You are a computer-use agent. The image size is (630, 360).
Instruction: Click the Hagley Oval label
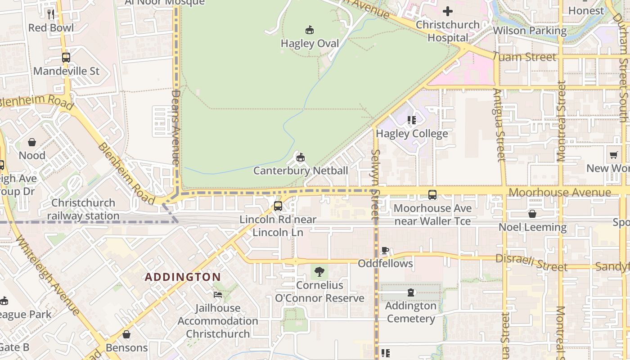310,43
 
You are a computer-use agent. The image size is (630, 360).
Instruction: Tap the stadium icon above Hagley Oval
310,30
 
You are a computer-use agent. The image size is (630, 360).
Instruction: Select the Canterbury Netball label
301,171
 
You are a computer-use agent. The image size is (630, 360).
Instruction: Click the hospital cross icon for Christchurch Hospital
448,11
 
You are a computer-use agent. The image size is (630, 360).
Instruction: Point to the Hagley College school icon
411,120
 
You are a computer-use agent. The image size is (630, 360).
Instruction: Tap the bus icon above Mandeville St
66,58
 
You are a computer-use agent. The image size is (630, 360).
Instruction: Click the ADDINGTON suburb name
183,277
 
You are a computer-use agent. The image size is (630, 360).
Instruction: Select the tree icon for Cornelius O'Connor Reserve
319,272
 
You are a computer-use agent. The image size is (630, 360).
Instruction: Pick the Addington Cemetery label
411,312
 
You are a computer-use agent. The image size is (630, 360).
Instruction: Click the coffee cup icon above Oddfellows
385,250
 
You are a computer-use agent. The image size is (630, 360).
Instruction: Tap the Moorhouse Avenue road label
560,193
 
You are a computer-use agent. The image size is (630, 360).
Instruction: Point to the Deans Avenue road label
175,127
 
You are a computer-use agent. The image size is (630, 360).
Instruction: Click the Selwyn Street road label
375,184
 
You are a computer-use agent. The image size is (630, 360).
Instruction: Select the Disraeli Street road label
531,262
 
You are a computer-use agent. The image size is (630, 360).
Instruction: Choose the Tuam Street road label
524,57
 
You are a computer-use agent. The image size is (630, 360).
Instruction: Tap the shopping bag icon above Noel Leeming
532,214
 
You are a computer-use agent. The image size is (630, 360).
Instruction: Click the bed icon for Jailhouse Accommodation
218,295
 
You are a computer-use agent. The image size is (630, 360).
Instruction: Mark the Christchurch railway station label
83,209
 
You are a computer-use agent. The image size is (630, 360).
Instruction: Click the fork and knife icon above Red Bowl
51,14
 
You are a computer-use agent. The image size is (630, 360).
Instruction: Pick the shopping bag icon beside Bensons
126,334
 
